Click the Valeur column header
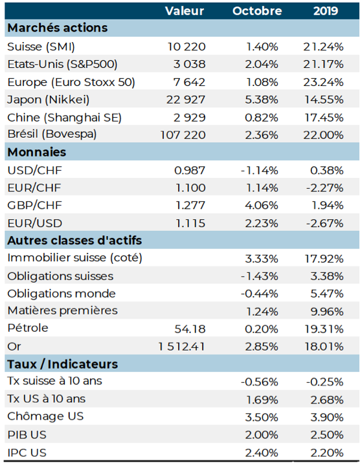click(185, 11)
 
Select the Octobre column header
click(257, 11)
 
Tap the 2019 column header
click(326, 11)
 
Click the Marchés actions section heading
click(57, 28)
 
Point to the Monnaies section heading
click(37, 152)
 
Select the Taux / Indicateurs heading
click(63, 364)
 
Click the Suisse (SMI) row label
click(41, 47)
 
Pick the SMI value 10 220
click(186, 47)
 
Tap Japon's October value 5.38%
click(262, 100)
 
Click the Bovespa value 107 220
click(183, 135)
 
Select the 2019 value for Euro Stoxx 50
click(323, 82)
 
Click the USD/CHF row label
click(34, 170)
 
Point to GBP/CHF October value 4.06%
click(262, 205)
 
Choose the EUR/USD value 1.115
click(190, 223)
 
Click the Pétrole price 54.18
click(190, 329)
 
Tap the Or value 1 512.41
click(182, 347)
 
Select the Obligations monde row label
click(62, 294)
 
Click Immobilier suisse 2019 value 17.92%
click(324, 259)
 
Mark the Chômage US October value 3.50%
click(262, 417)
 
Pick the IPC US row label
click(27, 453)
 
